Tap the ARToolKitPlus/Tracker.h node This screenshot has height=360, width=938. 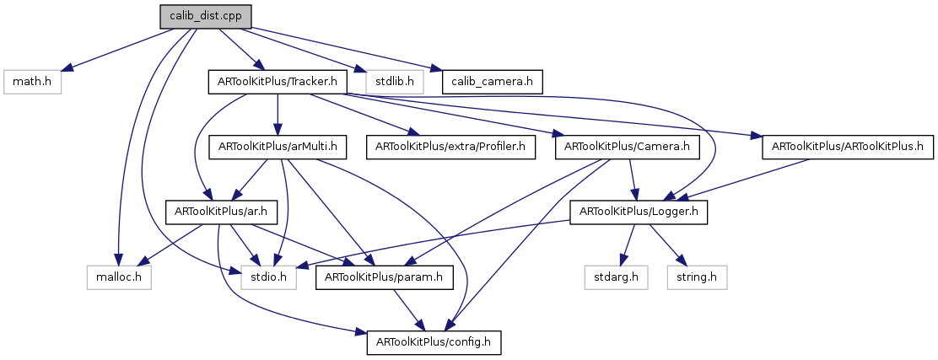click(x=278, y=82)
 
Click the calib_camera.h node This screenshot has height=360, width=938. click(x=492, y=82)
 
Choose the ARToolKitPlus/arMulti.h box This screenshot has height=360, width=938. click(x=278, y=147)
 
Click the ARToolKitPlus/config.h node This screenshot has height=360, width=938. click(x=434, y=342)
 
